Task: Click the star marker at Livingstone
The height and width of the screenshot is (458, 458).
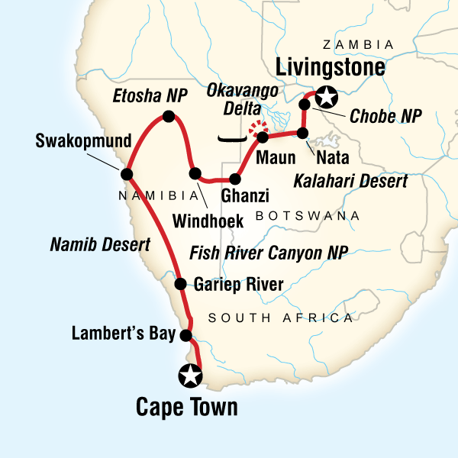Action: point(327,97)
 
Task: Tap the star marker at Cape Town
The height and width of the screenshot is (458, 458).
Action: point(189,375)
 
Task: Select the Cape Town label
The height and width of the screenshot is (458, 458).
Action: point(186,407)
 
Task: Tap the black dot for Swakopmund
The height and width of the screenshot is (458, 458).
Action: point(125,173)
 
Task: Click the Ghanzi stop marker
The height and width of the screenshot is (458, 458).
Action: point(234,179)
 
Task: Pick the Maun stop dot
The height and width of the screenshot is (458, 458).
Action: point(263,138)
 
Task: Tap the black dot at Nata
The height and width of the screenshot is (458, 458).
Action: point(303,134)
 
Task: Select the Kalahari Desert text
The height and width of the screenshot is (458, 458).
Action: point(350,182)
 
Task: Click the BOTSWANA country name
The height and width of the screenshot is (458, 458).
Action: point(308,216)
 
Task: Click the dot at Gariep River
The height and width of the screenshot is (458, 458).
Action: point(181,285)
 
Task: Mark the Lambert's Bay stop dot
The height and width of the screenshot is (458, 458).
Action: point(185,335)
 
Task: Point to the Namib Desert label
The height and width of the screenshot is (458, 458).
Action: point(99,245)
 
